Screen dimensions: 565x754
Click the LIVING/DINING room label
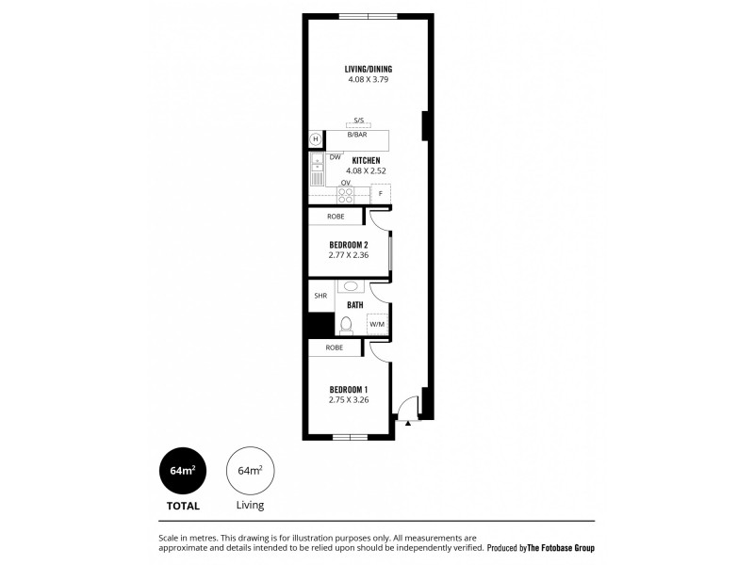point(368,69)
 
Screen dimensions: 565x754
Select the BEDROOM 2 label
point(349,245)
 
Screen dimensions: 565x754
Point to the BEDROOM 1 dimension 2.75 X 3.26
point(348,400)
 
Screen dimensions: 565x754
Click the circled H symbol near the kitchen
point(316,139)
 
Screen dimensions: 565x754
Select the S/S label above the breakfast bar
point(358,121)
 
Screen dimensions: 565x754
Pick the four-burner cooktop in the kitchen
point(346,195)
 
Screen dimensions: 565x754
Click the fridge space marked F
point(381,194)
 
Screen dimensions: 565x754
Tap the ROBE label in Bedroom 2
point(336,217)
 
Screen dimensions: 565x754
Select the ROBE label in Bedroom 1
point(335,347)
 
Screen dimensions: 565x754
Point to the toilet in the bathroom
point(346,325)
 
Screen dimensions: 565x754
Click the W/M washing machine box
point(377,324)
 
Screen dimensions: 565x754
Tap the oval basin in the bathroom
point(351,286)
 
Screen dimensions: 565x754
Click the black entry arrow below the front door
point(407,424)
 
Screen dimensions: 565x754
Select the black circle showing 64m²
point(183,470)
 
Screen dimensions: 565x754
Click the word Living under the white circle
point(250,505)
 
